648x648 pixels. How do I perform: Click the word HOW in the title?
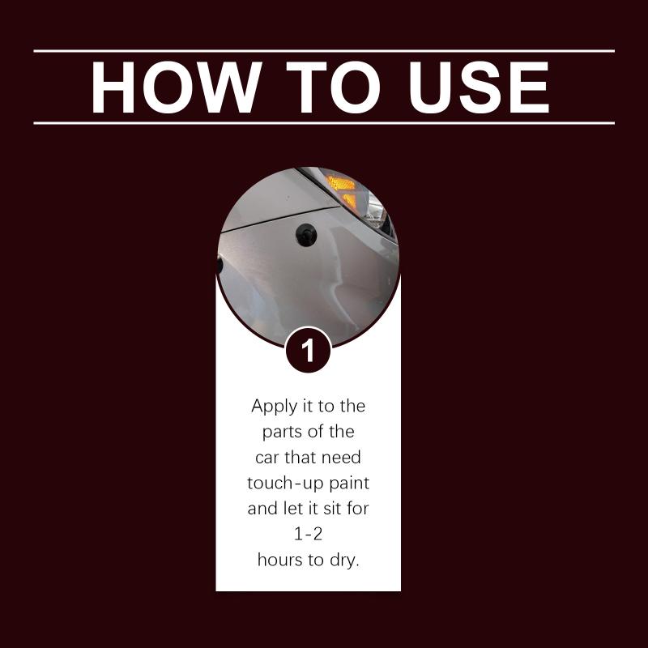point(177,87)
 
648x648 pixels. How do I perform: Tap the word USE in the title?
point(480,87)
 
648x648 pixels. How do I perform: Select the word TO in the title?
point(333,87)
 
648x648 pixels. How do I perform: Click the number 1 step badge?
point(309,350)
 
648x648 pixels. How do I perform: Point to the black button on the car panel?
point(306,235)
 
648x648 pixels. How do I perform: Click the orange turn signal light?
point(343,191)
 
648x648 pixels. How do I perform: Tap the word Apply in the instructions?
point(275,407)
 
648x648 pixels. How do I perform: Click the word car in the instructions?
point(266,458)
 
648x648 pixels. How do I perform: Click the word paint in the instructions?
point(350,484)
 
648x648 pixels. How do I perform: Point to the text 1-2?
point(309,535)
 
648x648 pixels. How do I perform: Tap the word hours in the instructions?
point(280,560)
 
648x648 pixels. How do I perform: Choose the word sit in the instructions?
point(332,509)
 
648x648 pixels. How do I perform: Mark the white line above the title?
point(324,51)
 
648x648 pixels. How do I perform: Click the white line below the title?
point(324,123)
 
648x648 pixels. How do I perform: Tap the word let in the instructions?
point(291,509)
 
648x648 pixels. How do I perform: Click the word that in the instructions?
point(300,458)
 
